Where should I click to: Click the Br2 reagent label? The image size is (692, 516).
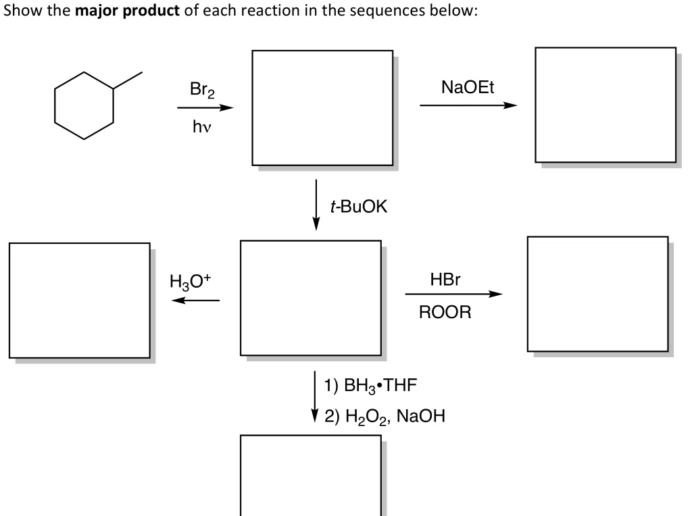click(201, 91)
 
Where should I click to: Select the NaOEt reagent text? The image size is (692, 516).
click(467, 87)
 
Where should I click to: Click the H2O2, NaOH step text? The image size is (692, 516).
click(384, 415)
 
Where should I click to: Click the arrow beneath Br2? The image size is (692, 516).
click(205, 107)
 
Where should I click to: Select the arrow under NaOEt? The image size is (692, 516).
click(468, 105)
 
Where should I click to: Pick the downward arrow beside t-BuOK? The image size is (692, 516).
click(316, 205)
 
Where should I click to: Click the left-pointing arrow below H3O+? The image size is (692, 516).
click(195, 301)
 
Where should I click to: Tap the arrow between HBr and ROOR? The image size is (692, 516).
click(453, 294)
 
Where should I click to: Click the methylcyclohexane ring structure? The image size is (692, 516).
click(84, 105)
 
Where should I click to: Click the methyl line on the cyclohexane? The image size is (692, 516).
click(128, 80)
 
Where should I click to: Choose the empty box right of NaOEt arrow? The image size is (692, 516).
click(605, 105)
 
